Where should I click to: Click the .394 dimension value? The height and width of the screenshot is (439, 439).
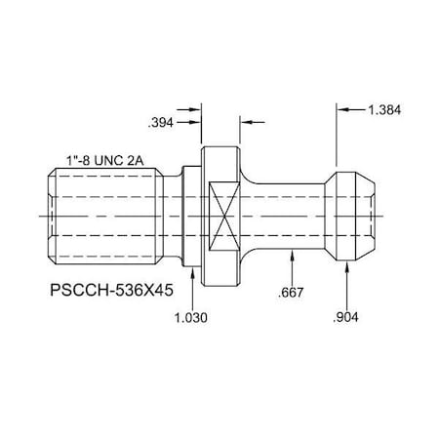(161, 123)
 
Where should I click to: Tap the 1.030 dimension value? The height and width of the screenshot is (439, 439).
(191, 318)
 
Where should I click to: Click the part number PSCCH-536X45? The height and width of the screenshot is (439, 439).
(110, 290)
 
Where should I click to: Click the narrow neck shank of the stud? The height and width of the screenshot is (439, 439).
(289, 212)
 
